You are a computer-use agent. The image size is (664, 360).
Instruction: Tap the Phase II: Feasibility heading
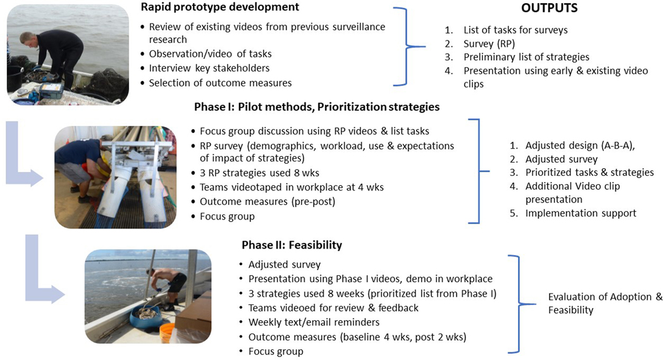[x=292, y=245]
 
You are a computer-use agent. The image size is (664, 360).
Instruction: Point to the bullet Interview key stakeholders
[x=211, y=68]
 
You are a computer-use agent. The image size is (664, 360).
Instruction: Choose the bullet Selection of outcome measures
[x=220, y=82]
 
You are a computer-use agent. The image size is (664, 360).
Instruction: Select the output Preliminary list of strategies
[x=526, y=57]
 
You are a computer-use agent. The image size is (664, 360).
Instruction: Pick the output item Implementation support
[x=581, y=213]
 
